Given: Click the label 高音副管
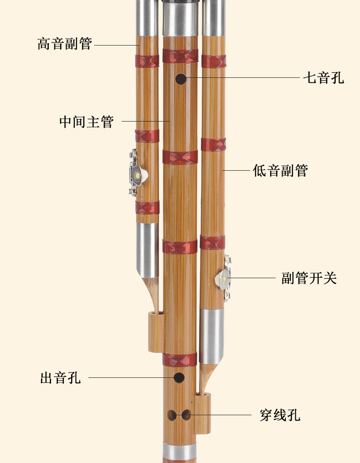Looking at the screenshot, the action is point(65,44).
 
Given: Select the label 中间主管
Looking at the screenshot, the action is point(86,122).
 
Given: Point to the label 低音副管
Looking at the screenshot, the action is point(280,170).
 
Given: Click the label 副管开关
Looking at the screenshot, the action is point(309,278).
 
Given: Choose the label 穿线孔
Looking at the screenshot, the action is point(280,415).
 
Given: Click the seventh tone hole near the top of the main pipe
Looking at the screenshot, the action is point(181,79).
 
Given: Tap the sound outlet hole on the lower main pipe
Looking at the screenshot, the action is point(179,377).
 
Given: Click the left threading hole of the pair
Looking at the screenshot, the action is point(172,415).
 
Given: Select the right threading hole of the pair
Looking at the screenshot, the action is point(186,415).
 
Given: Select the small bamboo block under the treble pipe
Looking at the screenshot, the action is point(156,332).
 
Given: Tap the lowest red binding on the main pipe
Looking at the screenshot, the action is point(180,360).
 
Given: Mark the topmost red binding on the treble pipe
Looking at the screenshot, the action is point(147,61).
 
